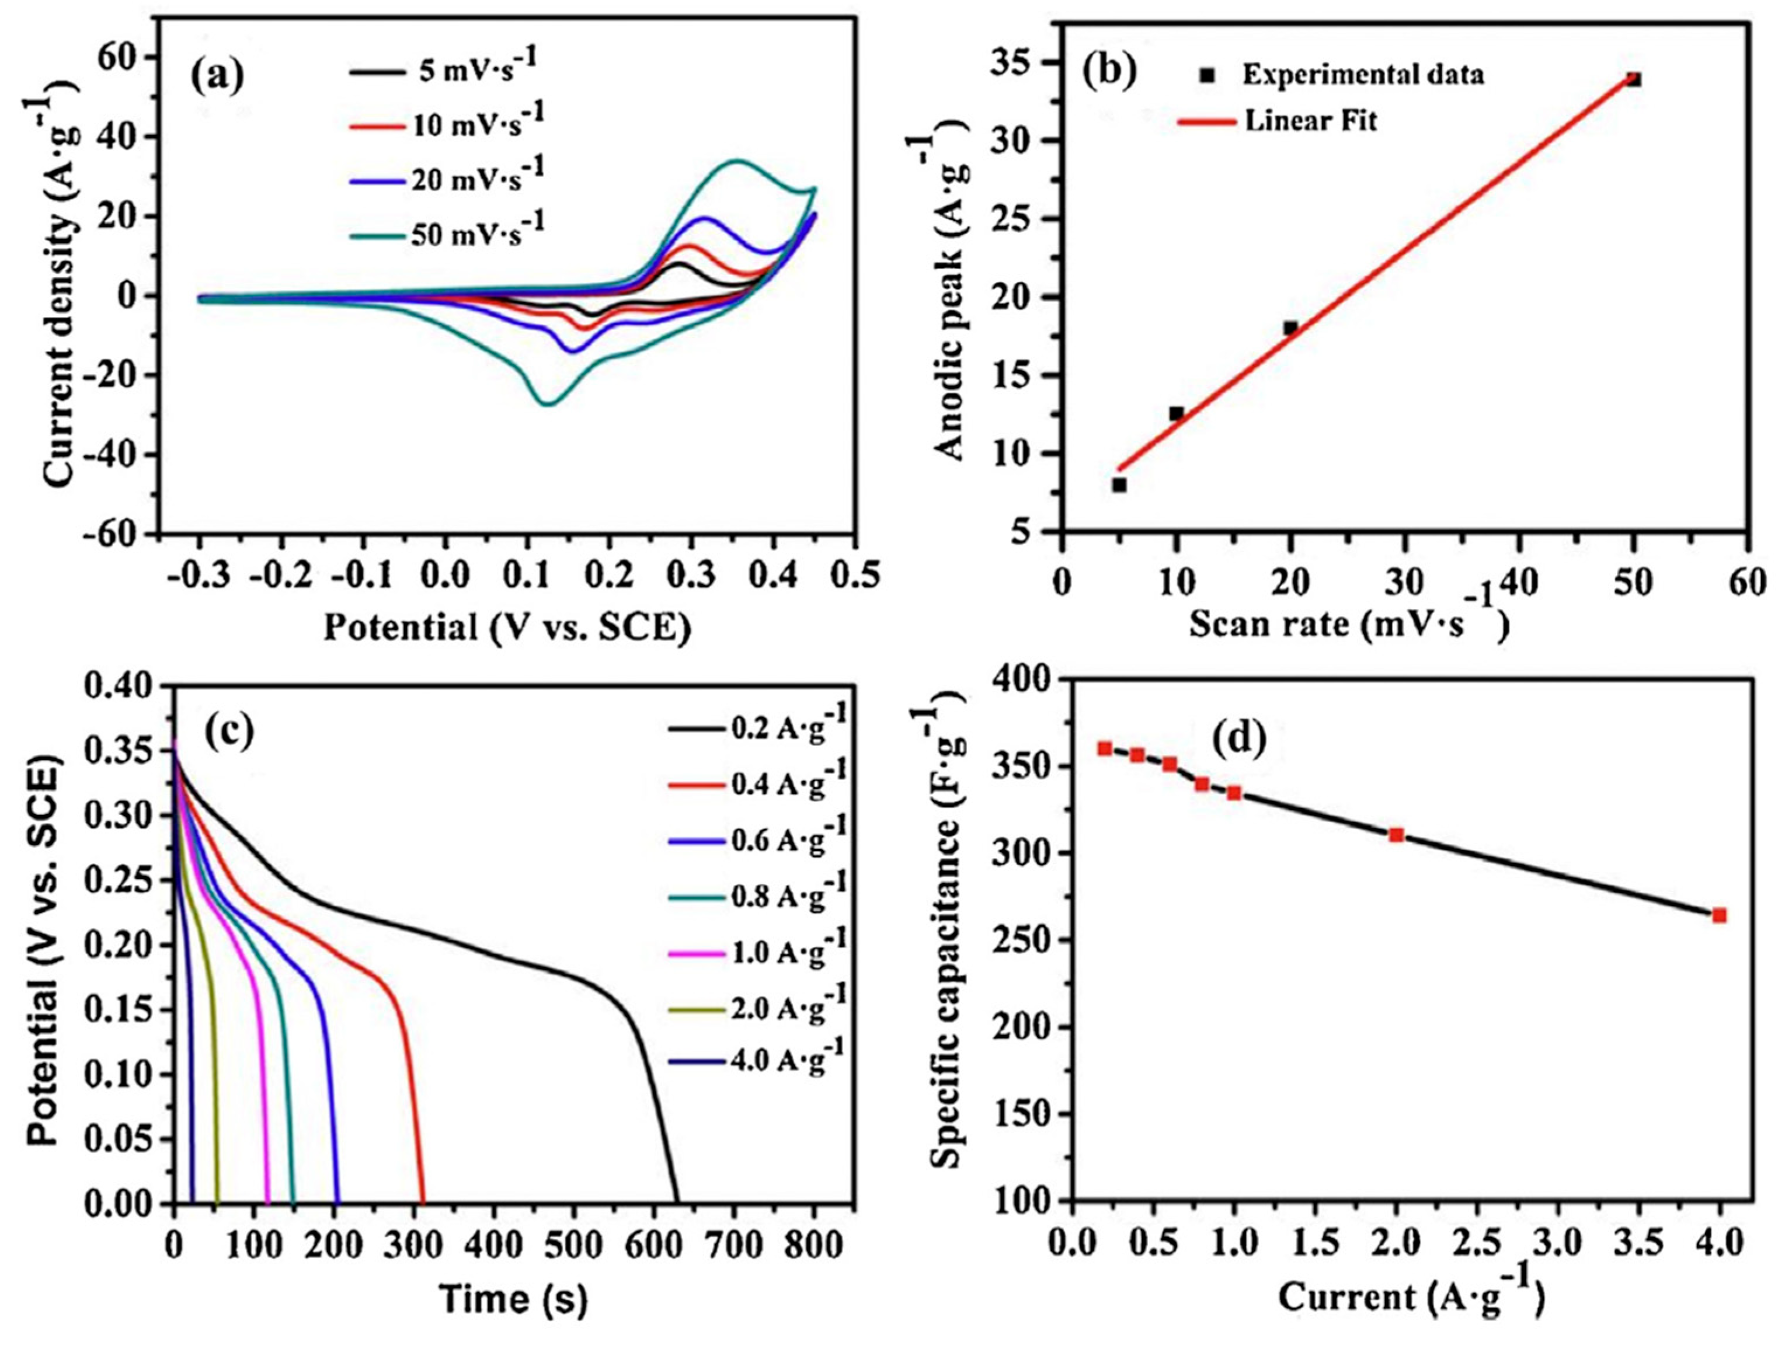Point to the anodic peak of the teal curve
point(736,161)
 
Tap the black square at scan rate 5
point(1119,485)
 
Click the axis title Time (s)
point(513,1299)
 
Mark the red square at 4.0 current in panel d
point(1719,916)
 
